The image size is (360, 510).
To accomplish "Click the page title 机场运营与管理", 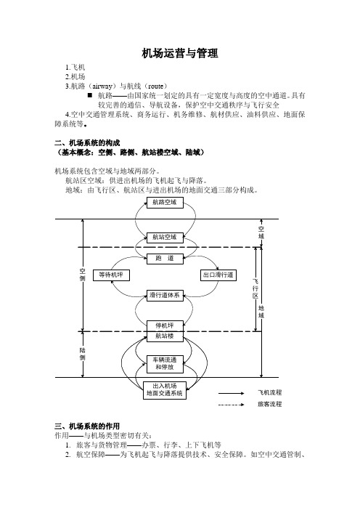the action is point(180,53).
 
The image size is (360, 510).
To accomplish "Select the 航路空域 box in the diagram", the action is point(165,202).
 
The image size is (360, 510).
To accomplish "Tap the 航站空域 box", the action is point(165,238).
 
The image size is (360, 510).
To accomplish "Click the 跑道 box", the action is point(165,259).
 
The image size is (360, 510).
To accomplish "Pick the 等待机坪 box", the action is point(112,275).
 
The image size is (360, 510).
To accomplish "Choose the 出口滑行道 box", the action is point(218,275).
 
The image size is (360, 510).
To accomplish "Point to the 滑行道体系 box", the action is point(165,296).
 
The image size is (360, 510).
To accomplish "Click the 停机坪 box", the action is point(165,326).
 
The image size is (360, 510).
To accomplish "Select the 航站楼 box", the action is point(165,336).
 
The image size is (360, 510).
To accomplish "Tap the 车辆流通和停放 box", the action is point(165,364).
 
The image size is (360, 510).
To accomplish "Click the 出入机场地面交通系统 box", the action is point(165,390).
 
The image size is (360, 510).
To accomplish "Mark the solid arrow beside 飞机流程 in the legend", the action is point(231,393).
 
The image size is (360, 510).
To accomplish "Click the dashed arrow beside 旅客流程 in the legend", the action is point(231,405).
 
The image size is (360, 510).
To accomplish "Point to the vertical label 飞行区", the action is point(255,288).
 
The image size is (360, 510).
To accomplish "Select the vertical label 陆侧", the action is point(83,354).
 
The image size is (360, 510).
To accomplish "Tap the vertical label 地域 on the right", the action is point(261,312).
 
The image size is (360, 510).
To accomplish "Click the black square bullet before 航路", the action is point(90,95).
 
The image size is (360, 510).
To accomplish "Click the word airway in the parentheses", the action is point(102,86).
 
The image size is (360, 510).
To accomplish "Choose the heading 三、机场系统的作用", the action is point(87,426).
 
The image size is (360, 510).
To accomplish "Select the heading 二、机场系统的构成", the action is point(87,143).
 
